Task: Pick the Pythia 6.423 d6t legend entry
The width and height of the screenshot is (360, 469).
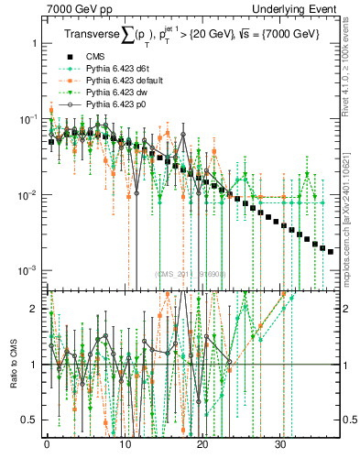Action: coord(115,68)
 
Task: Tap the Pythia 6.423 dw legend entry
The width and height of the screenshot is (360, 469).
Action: coord(115,93)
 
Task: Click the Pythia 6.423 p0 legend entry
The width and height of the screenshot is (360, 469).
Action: coord(114,106)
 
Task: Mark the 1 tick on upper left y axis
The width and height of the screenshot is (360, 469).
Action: coord(34,44)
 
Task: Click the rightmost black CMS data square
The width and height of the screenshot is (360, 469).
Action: coord(331,250)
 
